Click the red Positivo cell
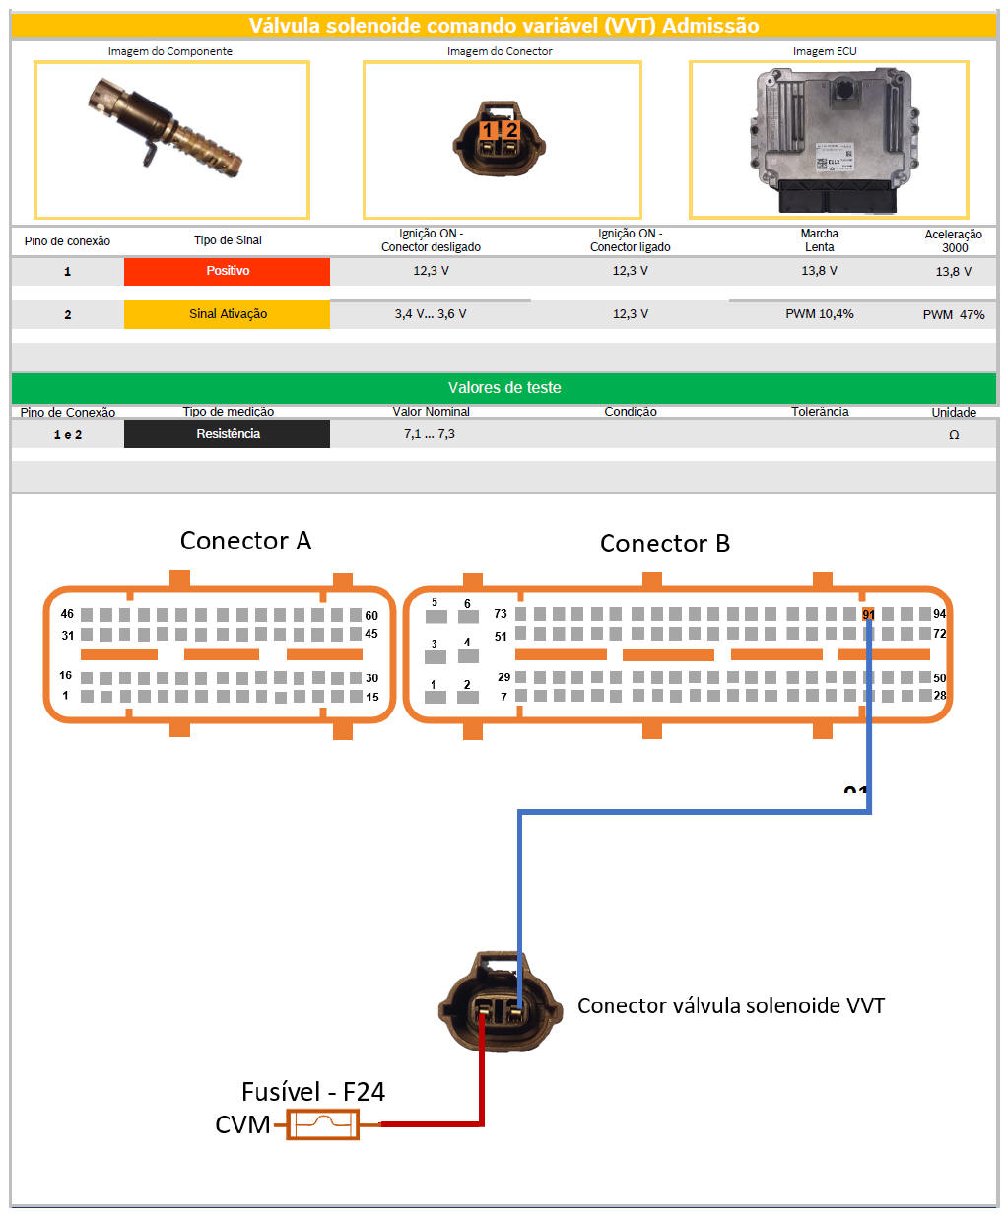click(x=227, y=271)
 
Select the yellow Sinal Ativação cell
click(x=227, y=314)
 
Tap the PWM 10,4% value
click(x=819, y=314)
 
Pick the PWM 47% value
click(x=953, y=315)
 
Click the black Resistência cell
click(x=227, y=434)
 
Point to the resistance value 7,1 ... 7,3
click(x=430, y=434)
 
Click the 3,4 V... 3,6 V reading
click(x=431, y=314)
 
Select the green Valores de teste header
click(x=503, y=388)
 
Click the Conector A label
click(x=245, y=541)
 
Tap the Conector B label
click(x=665, y=544)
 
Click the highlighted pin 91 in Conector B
click(x=868, y=614)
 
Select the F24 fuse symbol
click(x=322, y=1124)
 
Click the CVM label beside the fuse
click(x=242, y=1124)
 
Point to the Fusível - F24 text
click(x=313, y=1092)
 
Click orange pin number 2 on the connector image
click(x=511, y=130)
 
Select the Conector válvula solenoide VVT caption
click(x=730, y=1006)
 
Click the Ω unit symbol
click(x=954, y=435)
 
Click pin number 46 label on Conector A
click(x=67, y=614)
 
